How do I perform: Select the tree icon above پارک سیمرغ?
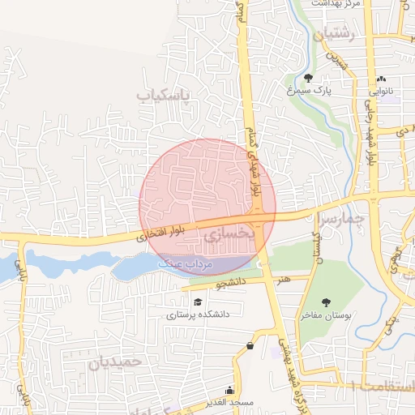tap(308, 79)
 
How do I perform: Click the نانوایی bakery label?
tap(382, 92)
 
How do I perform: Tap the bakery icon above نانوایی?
tap(382, 79)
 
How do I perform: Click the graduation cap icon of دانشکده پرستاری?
tap(198, 302)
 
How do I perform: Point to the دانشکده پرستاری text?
tap(199, 314)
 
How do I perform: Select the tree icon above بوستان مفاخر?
tap(326, 302)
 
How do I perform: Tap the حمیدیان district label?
tap(115, 362)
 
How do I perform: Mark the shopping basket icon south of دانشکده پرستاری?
tap(250, 346)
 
